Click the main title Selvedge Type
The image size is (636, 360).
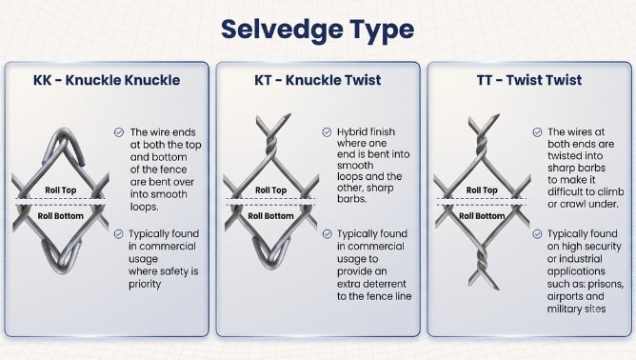(x=318, y=30)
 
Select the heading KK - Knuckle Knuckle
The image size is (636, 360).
(x=107, y=80)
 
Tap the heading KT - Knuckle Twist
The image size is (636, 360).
(x=318, y=80)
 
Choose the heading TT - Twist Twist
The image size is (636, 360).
(x=529, y=80)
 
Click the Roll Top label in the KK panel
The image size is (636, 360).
(x=60, y=190)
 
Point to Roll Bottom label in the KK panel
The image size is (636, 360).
(x=60, y=216)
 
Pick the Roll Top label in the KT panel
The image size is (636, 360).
(x=271, y=190)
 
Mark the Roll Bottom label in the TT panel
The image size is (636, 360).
(x=482, y=216)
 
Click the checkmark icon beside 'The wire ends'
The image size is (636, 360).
(x=119, y=132)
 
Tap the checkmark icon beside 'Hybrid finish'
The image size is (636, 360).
(x=327, y=132)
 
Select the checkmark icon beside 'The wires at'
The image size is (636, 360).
(x=537, y=132)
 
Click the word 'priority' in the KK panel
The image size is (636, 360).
(x=145, y=284)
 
